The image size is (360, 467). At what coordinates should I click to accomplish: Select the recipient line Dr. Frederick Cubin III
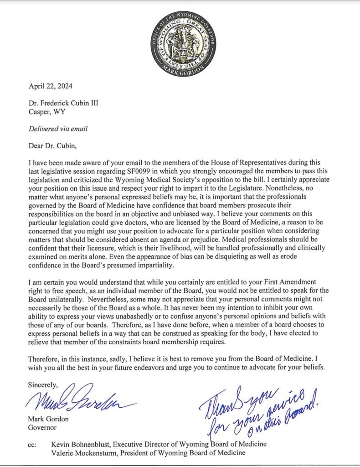pyautogui.click(x=63, y=103)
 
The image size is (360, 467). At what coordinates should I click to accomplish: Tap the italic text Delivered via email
pyautogui.click(x=58, y=129)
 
